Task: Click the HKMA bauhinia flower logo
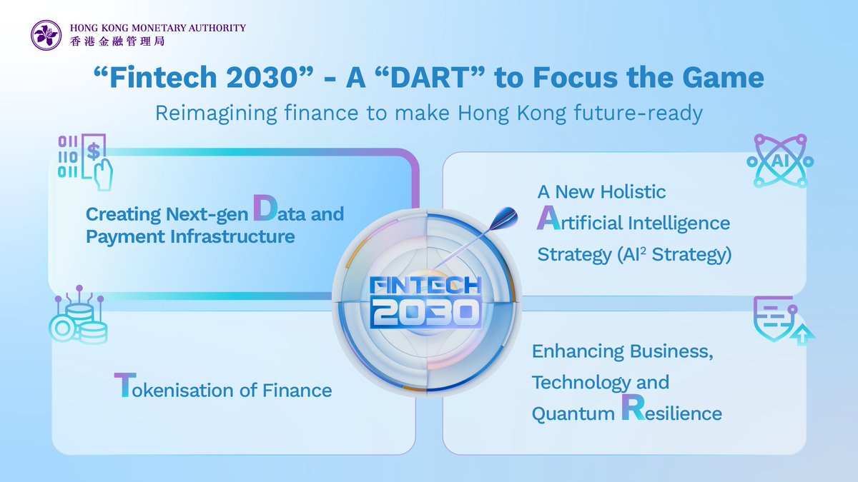click(x=46, y=35)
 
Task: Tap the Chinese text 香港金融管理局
click(x=117, y=41)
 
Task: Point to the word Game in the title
click(x=723, y=77)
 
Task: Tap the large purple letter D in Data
click(x=265, y=208)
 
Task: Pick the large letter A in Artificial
click(x=548, y=218)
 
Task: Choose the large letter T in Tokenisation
click(x=125, y=385)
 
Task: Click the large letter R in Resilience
click(x=633, y=408)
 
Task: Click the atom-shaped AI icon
click(x=780, y=161)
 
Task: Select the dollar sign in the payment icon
click(x=94, y=151)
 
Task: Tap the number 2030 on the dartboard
click(x=427, y=313)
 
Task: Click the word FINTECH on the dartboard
click(x=425, y=286)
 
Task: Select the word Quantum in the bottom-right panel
click(x=573, y=414)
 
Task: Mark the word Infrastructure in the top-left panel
click(x=232, y=236)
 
